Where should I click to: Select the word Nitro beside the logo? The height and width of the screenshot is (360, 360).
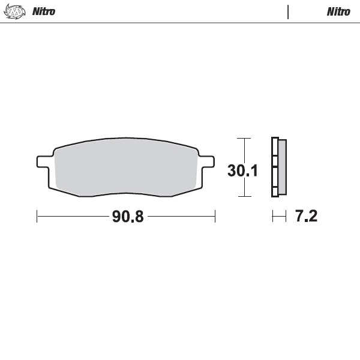click(43, 11)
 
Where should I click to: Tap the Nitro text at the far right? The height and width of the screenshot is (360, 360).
click(338, 11)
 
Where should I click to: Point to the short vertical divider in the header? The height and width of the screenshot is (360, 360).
click(289, 11)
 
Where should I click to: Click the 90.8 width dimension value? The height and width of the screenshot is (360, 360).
click(128, 217)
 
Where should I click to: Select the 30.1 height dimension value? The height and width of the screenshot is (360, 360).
click(242, 171)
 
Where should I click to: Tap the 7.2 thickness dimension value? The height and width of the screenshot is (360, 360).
click(306, 217)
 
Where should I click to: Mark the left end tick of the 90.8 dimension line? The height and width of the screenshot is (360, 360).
click(37, 216)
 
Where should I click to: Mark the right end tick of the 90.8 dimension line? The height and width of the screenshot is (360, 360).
click(215, 216)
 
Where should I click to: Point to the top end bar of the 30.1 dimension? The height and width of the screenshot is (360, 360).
click(243, 139)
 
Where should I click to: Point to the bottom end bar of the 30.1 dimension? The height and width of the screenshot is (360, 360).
click(243, 196)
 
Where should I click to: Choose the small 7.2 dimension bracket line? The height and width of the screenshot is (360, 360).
click(279, 216)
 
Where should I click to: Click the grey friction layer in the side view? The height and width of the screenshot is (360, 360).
click(283, 167)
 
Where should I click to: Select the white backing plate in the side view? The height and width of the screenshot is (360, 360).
click(275, 167)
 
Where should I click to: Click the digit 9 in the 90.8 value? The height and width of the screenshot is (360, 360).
click(116, 217)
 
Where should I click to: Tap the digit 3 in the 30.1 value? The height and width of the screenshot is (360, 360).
click(232, 171)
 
